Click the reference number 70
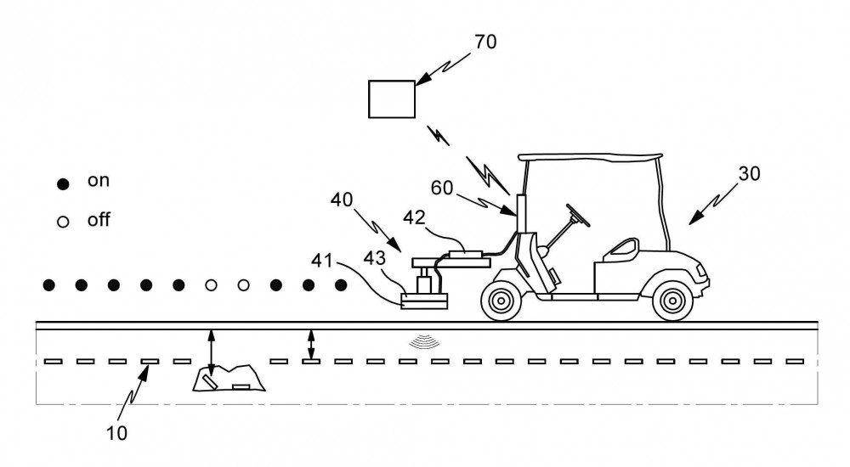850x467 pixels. pyautogui.click(x=485, y=42)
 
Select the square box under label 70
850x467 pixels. pyautogui.click(x=391, y=99)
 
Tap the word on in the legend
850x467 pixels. pyautogui.click(x=98, y=180)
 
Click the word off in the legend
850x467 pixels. pyautogui.click(x=99, y=219)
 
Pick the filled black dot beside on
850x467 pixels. pyautogui.click(x=63, y=184)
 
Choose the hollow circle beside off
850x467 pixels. pyautogui.click(x=63, y=222)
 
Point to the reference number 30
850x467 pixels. pyautogui.click(x=749, y=173)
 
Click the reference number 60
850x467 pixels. pyautogui.click(x=442, y=188)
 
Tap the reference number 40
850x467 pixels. pyautogui.click(x=342, y=200)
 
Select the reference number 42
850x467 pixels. pyautogui.click(x=414, y=217)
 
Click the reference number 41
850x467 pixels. pyautogui.click(x=322, y=261)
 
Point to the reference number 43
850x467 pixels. pyautogui.click(x=374, y=258)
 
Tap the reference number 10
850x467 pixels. pyautogui.click(x=116, y=433)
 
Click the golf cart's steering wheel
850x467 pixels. pyautogui.click(x=578, y=215)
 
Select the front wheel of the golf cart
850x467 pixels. pyautogui.click(x=672, y=300)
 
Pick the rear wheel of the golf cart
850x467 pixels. pyautogui.click(x=501, y=300)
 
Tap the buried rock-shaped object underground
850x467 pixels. pyautogui.click(x=229, y=378)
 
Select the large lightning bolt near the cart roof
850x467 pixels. pyautogui.click(x=488, y=174)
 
